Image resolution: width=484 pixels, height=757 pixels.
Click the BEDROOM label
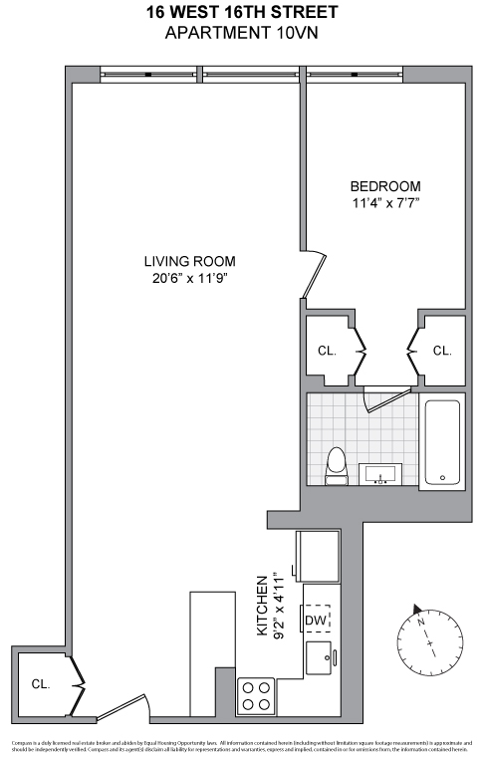coord(384,186)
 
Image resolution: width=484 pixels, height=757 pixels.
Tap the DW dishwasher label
coord(316,620)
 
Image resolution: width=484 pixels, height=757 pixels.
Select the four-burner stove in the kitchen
coord(257,694)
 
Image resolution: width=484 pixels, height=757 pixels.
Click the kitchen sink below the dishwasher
coord(321,657)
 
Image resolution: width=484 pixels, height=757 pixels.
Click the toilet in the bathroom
coord(337,465)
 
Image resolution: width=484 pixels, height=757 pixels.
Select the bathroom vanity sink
coord(380,474)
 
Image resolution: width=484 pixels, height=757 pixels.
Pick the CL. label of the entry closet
coord(40,684)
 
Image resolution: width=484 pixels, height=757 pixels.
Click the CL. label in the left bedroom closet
coord(327,352)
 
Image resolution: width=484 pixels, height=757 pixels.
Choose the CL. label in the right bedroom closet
coord(442,352)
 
